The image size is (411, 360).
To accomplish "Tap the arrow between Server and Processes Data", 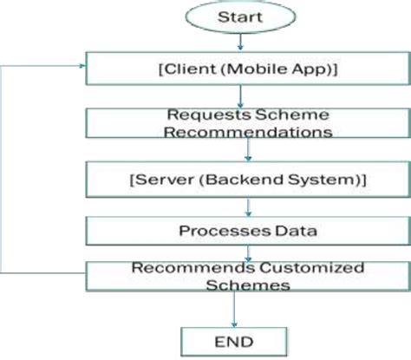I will pyautogui.click(x=248, y=206).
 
